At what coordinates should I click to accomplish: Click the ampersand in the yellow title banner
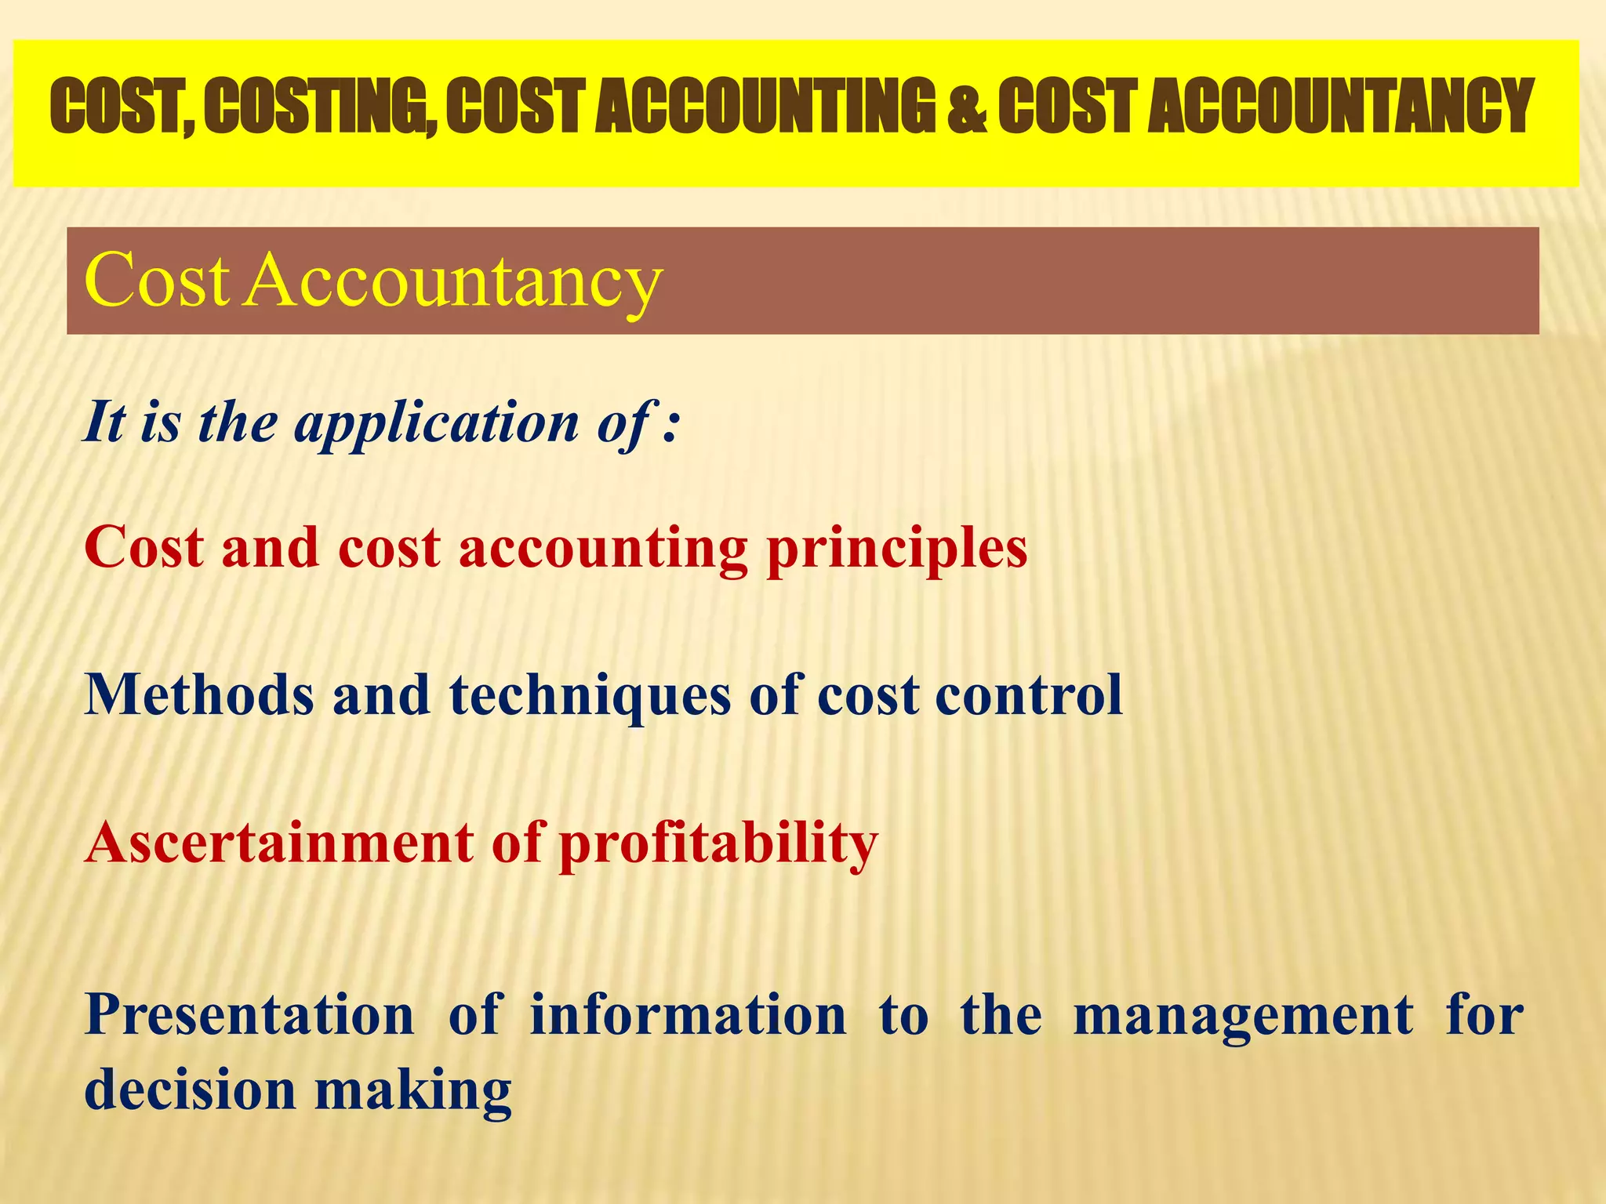(x=966, y=107)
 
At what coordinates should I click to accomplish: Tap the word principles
(x=897, y=549)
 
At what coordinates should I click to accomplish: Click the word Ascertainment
(x=279, y=843)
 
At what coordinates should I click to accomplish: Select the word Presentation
(x=249, y=1014)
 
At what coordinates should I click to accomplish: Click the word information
(x=689, y=1014)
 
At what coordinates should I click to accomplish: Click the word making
(x=413, y=1093)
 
